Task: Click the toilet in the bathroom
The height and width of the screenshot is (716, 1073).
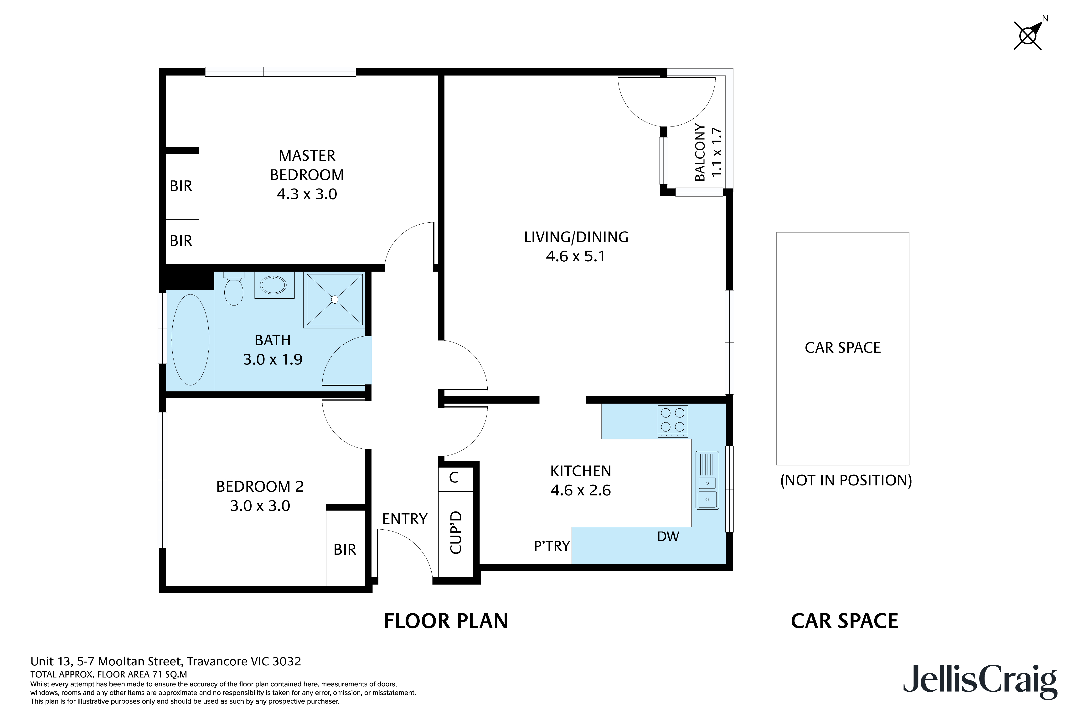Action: point(234,289)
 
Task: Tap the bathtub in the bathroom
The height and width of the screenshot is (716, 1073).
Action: point(190,340)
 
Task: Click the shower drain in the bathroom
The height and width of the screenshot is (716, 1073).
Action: point(335,300)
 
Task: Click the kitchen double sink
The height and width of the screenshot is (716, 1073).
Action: point(707,480)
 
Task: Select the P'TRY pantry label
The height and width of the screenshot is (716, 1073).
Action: point(552,546)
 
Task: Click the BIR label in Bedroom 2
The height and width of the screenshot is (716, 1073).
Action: point(345,549)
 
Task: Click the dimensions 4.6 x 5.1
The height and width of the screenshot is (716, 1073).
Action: point(576,256)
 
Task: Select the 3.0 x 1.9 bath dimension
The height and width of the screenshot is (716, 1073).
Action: point(273,359)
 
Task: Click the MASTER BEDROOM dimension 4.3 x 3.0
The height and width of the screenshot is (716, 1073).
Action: point(307,194)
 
